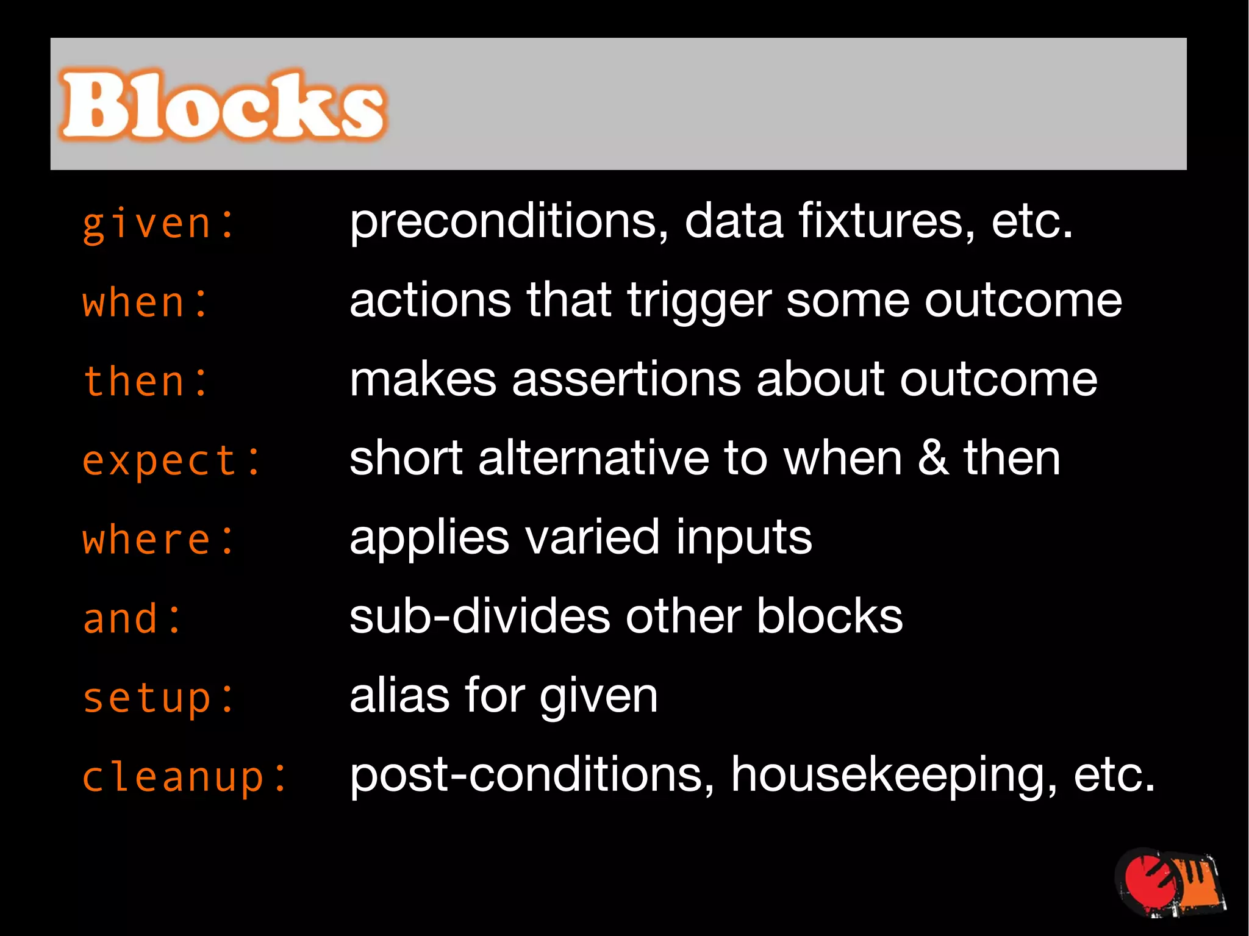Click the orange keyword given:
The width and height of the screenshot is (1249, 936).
tap(158, 224)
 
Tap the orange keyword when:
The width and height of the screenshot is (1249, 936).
tap(145, 302)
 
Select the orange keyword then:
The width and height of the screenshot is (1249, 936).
tap(145, 382)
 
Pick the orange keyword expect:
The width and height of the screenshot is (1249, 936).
tap(171, 460)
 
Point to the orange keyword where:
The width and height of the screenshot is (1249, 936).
tap(158, 540)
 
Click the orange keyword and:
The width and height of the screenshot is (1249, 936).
tap(132, 618)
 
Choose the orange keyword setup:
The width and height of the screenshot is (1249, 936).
tap(158, 698)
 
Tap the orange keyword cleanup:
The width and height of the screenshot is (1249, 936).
tap(184, 777)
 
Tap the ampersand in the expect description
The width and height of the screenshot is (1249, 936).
tap(932, 459)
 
